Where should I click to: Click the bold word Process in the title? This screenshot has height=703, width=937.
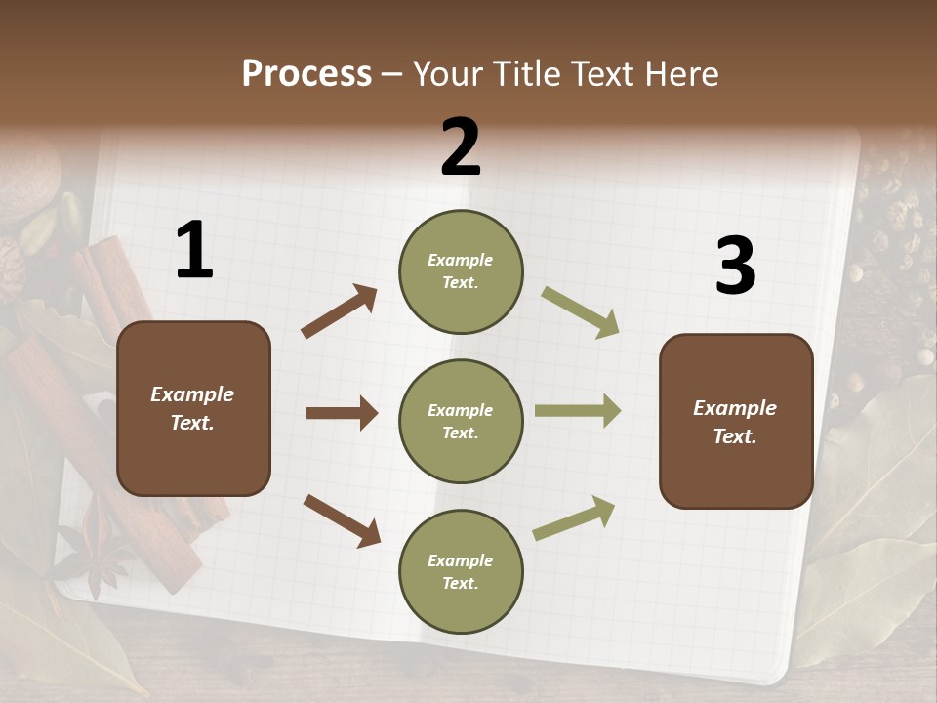pos(306,74)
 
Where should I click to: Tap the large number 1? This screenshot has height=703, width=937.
pos(193,251)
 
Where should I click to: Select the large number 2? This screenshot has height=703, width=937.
pos(461,147)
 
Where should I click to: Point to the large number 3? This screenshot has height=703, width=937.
pos(735,267)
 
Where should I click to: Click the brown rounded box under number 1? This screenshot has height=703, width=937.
pos(193,408)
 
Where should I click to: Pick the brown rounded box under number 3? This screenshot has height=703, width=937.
pos(736,421)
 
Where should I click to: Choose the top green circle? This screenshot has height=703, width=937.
pos(461,271)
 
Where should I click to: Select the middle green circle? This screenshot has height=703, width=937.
pos(461,421)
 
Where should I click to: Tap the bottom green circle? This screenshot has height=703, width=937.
pos(461,571)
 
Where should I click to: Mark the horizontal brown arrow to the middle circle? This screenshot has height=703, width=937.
pos(342,413)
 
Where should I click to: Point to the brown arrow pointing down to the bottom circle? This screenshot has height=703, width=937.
pos(342,520)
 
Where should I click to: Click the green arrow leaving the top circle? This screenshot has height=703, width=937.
pos(581,312)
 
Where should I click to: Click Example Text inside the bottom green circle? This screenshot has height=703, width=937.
pos(461,572)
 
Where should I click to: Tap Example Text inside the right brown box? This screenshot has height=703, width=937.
pos(735,422)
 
